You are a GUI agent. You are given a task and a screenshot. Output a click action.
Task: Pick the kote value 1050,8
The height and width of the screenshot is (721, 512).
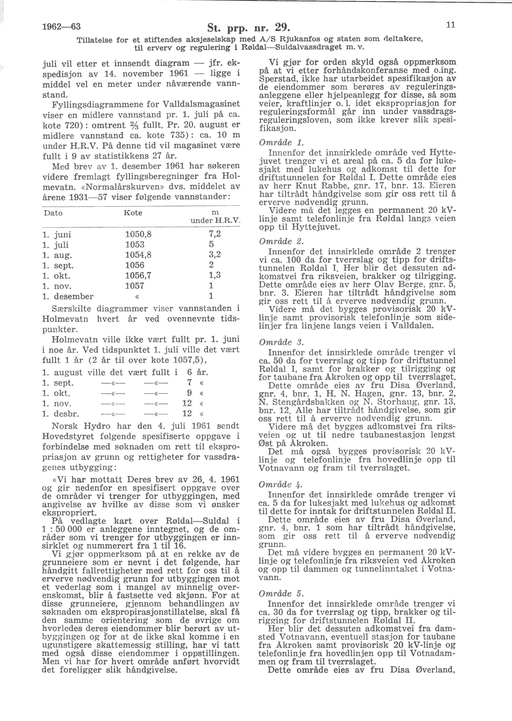point(138,234)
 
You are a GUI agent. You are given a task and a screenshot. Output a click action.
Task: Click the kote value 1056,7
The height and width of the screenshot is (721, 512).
point(138,275)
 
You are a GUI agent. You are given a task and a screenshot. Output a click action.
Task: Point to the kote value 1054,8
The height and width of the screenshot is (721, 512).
point(138,255)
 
